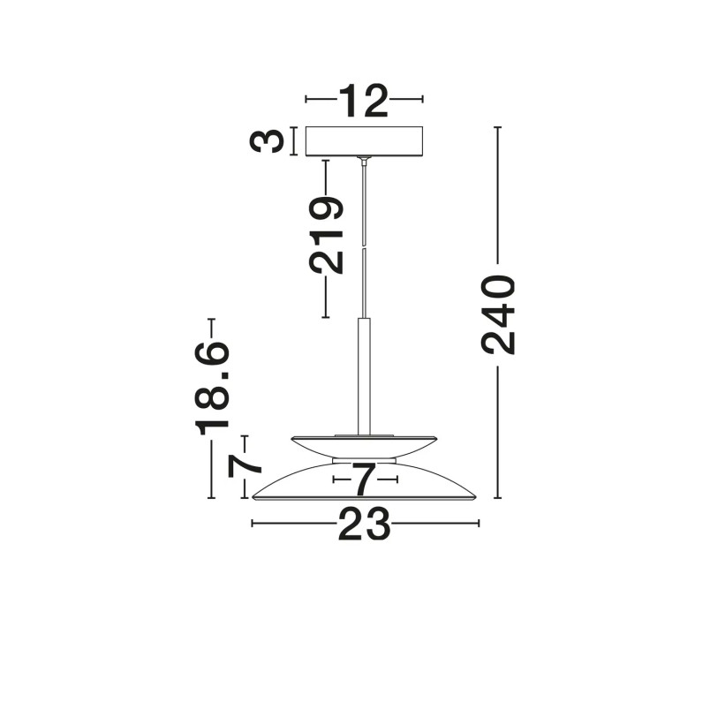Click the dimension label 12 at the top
[x=364, y=101]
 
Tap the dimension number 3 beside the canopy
[x=267, y=140]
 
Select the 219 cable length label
[x=326, y=236]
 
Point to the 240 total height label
[x=498, y=314]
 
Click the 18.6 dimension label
[x=212, y=388]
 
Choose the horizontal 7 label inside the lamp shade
[x=365, y=480]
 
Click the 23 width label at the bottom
[x=364, y=524]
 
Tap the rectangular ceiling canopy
[x=364, y=141]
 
